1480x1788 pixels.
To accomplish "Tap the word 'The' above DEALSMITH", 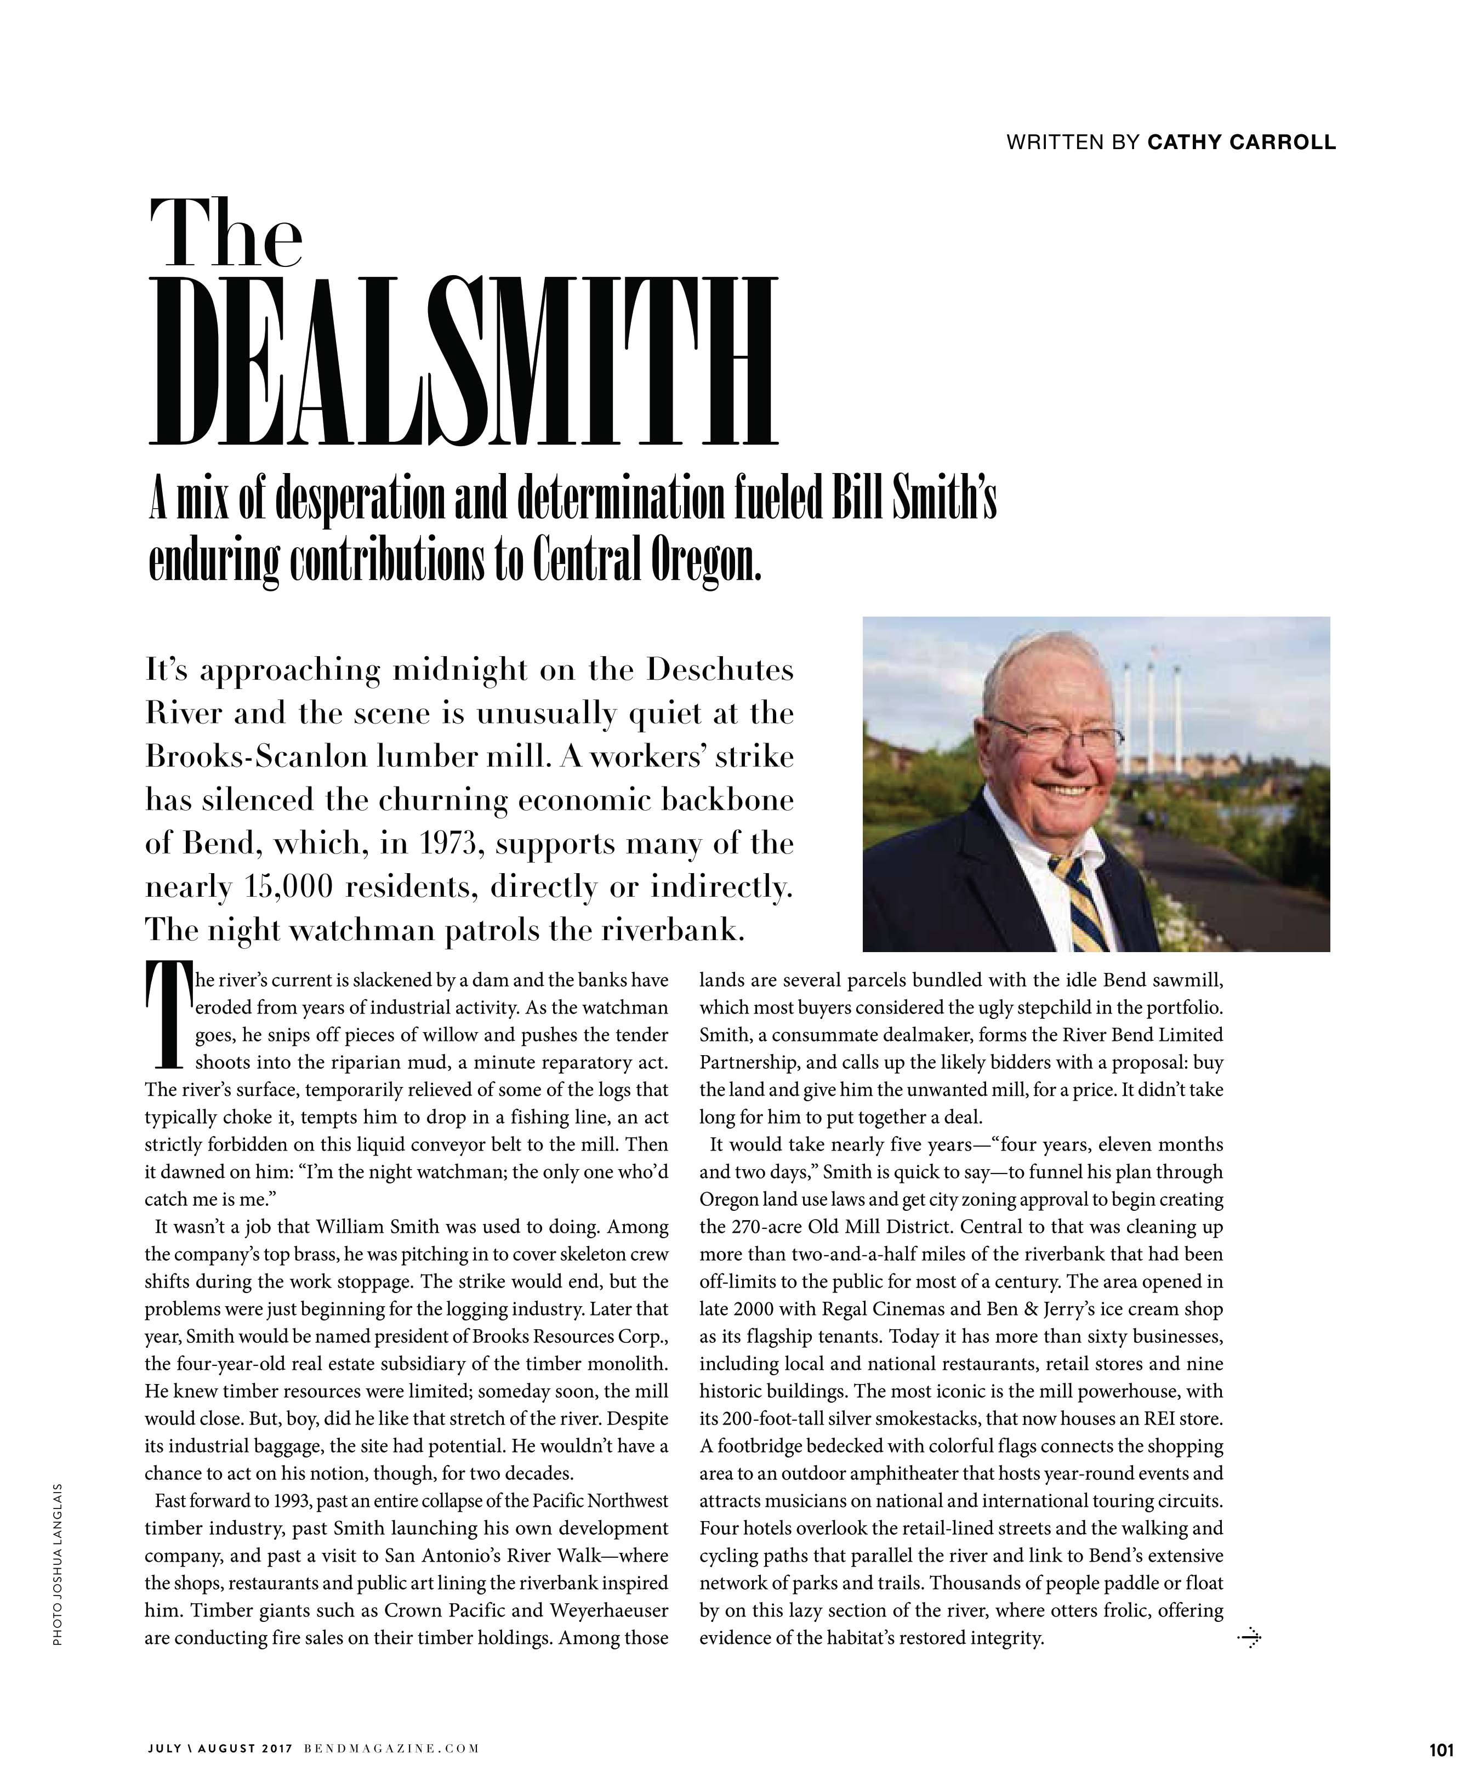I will point(226,232).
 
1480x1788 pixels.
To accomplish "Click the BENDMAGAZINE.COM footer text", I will point(392,1749).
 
